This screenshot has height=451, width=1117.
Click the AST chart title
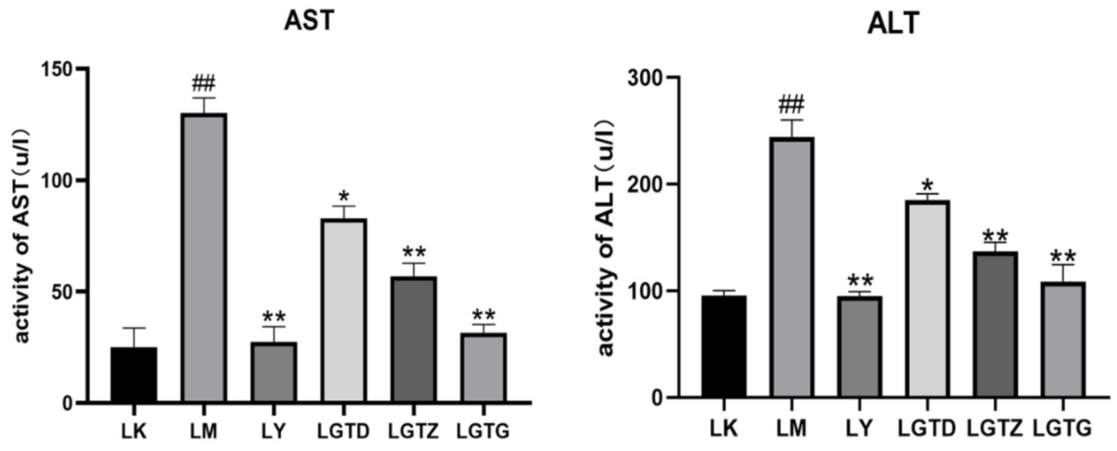pyautogui.click(x=309, y=20)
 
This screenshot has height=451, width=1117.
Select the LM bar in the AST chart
pyautogui.click(x=204, y=258)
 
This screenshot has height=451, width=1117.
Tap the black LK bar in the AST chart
pyautogui.click(x=134, y=375)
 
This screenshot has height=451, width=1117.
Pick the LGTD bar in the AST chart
pyautogui.click(x=344, y=311)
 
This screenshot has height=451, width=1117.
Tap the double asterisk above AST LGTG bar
pyautogui.click(x=483, y=315)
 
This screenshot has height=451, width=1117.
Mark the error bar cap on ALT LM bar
pyautogui.click(x=792, y=120)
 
